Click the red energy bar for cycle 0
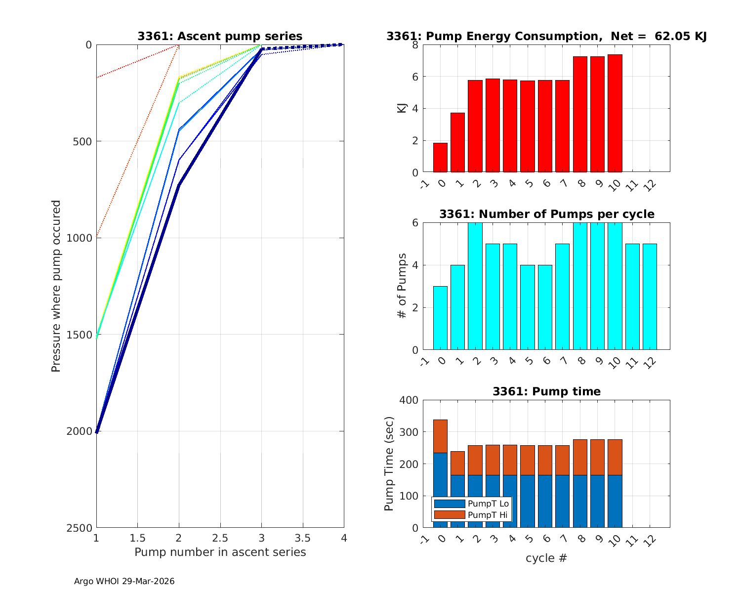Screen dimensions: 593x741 tap(440, 158)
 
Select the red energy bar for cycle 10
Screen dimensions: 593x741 tap(615, 114)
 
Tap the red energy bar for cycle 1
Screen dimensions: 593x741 tap(457, 143)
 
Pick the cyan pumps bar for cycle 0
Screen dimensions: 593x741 tap(440, 318)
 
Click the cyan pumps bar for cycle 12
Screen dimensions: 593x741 tap(650, 297)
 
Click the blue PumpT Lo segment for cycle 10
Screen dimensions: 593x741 tap(615, 501)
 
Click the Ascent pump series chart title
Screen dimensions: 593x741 tap(220, 37)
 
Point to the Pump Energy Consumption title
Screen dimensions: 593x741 tap(546, 37)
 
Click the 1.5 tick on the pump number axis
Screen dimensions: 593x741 tap(137, 538)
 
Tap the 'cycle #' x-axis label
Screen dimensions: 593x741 tap(546, 558)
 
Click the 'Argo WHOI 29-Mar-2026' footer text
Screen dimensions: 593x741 tap(124, 582)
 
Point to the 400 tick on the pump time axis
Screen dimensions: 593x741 tap(409, 400)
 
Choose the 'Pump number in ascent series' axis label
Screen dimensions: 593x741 tap(220, 552)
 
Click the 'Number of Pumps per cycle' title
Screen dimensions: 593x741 tap(546, 214)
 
